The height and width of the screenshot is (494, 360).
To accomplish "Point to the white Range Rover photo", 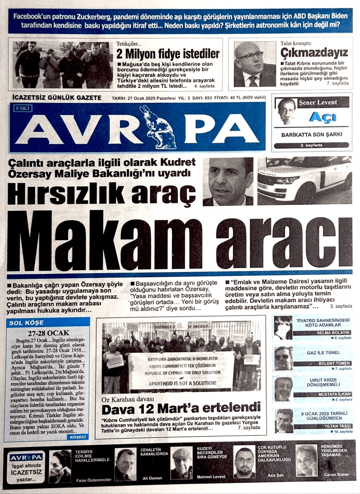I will point(305,179).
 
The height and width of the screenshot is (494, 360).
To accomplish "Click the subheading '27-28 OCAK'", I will point(48,332).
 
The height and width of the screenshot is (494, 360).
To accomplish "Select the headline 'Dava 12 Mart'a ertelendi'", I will point(181,410).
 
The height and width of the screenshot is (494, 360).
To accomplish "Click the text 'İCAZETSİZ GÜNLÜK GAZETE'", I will point(56,97).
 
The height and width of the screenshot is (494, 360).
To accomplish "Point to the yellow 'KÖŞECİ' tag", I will point(78,437).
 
